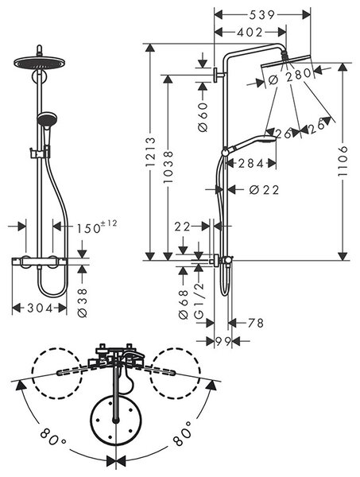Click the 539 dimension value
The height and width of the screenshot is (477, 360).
click(x=261, y=15)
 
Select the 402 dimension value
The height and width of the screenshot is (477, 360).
click(x=250, y=33)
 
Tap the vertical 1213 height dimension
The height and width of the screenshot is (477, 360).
click(x=150, y=152)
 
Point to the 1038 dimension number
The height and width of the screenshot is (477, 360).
click(x=168, y=167)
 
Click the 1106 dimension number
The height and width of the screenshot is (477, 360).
click(x=343, y=161)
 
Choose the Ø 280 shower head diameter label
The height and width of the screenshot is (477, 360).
click(x=290, y=76)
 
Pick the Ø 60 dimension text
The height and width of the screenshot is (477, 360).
click(x=203, y=117)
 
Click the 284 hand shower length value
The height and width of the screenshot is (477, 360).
click(x=251, y=164)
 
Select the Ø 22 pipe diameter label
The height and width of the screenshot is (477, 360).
click(x=264, y=190)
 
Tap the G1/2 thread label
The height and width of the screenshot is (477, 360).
click(x=199, y=301)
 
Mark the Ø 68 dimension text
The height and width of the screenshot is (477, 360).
click(x=184, y=304)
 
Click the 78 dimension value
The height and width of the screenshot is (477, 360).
click(x=255, y=323)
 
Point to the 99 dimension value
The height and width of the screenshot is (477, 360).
click(x=223, y=341)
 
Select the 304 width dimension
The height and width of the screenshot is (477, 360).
click(x=41, y=308)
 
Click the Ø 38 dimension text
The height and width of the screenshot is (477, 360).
click(x=82, y=303)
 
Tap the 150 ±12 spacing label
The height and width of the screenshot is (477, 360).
click(x=96, y=227)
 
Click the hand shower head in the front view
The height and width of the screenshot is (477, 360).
click(x=47, y=119)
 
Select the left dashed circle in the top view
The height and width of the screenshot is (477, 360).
click(x=57, y=374)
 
